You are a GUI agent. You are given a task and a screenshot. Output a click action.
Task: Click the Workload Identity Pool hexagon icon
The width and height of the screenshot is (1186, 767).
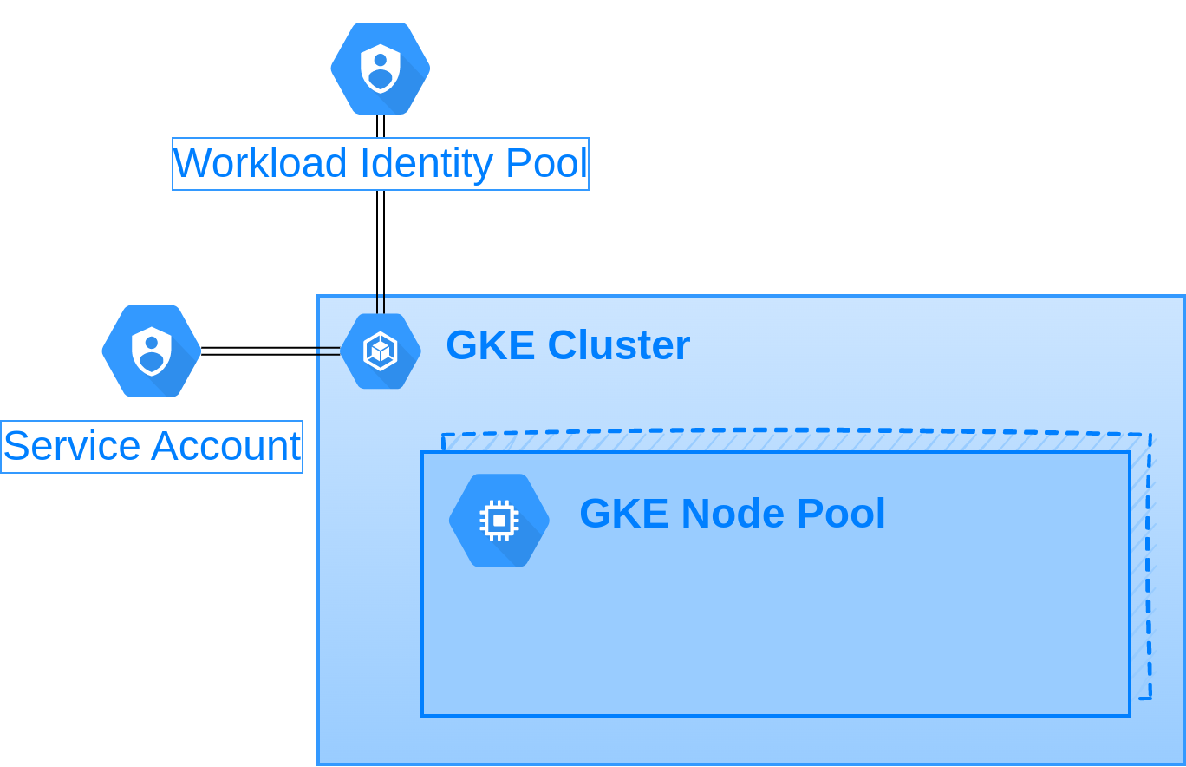pyautogui.click(x=381, y=69)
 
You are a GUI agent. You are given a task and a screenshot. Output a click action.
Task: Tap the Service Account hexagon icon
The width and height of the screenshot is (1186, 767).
pyautogui.click(x=152, y=351)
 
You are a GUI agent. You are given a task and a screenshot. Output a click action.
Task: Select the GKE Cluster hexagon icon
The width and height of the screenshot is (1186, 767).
pyautogui.click(x=381, y=351)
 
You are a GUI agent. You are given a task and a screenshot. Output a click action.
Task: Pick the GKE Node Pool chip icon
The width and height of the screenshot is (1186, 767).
pyautogui.click(x=499, y=521)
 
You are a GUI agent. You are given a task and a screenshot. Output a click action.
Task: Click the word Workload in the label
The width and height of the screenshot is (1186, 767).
pyautogui.click(x=259, y=163)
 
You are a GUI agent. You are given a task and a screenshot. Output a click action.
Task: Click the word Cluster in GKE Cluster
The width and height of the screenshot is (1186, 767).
pyautogui.click(x=619, y=344)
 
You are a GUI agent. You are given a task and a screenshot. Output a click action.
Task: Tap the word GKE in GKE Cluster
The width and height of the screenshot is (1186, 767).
pyautogui.click(x=491, y=344)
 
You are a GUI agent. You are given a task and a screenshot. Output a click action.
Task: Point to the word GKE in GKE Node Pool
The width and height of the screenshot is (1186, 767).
pyautogui.click(x=624, y=513)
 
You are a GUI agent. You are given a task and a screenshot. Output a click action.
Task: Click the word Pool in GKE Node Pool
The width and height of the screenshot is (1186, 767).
pyautogui.click(x=841, y=513)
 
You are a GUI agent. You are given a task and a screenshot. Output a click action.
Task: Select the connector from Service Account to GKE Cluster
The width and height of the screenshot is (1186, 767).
pyautogui.click(x=270, y=351)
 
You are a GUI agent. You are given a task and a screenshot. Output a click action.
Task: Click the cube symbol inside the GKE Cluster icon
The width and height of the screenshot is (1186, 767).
pyautogui.click(x=381, y=351)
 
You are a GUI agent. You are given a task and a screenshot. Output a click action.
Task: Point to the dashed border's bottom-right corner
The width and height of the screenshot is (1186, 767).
pyautogui.click(x=1150, y=698)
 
